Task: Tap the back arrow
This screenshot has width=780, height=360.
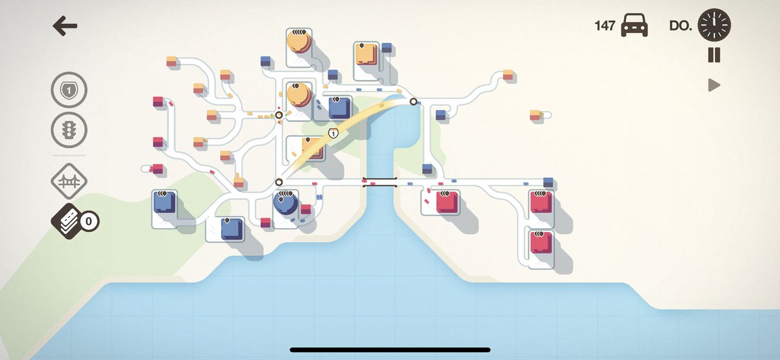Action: [65, 26]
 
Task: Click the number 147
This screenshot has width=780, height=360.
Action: [604, 26]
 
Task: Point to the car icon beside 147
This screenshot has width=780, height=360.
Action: [634, 26]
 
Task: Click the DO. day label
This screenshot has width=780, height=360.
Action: [680, 26]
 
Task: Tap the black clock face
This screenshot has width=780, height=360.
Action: [714, 26]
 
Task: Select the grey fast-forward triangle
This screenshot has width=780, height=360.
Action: [714, 85]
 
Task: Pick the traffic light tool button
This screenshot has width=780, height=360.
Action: [69, 130]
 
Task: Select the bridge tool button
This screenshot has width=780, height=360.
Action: [69, 183]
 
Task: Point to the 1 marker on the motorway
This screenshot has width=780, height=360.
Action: [334, 134]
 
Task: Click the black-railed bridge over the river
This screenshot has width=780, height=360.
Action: [380, 182]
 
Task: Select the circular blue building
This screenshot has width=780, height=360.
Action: [286, 205]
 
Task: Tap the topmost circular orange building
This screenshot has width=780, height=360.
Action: [298, 42]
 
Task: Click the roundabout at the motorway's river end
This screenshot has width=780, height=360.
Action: [413, 101]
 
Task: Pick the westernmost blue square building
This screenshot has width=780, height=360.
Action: [164, 202]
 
